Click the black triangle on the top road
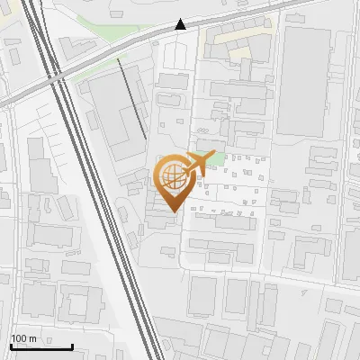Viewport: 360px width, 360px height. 182,25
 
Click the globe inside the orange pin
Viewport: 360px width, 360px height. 173,177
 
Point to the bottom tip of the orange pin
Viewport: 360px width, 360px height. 173,211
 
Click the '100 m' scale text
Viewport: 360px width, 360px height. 23,338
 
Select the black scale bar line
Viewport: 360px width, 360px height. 40,346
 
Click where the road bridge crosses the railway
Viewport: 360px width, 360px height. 57,80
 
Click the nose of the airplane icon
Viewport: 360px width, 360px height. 213,157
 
